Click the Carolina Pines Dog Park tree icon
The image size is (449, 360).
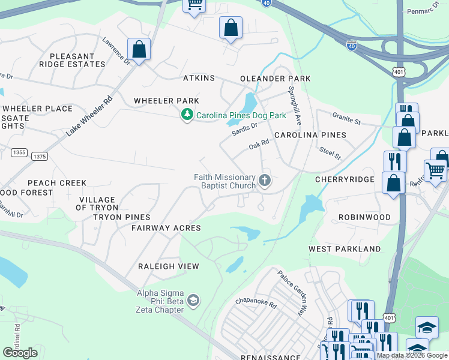coord(187,115)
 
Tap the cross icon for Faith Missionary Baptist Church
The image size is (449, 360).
coord(264,180)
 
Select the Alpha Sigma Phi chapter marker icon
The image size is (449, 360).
coord(193,299)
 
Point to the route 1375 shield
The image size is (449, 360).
coord(39,156)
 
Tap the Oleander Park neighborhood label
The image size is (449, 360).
coord(275,79)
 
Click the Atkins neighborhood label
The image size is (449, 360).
coord(199,79)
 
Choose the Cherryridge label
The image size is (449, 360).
coord(345,179)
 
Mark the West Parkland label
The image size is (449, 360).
coord(345,248)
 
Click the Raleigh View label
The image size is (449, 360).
coord(168,266)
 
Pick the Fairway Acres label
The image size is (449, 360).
coord(166,228)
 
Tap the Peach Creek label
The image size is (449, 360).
coord(56,183)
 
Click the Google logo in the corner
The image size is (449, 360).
coord(20,353)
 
